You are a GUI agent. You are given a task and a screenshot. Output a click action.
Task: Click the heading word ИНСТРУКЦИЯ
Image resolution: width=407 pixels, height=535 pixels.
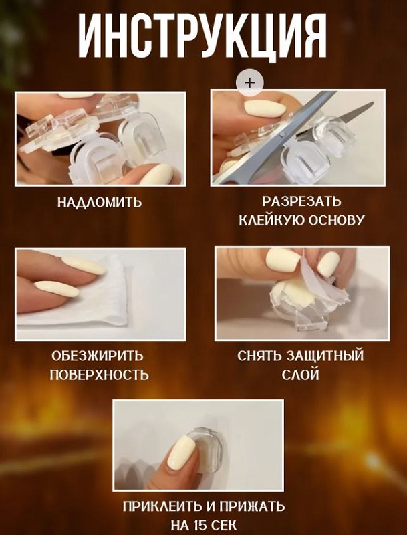click(x=203, y=37)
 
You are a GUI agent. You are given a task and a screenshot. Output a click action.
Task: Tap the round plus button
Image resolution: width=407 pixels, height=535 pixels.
click(x=250, y=83)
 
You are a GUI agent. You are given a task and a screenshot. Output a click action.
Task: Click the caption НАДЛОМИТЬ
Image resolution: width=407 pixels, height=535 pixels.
click(x=99, y=202)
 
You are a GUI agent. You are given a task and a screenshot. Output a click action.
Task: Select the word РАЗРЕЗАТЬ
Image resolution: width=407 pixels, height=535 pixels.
click(x=301, y=201)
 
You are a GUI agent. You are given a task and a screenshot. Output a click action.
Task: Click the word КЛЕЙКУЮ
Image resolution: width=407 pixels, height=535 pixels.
click(x=271, y=220)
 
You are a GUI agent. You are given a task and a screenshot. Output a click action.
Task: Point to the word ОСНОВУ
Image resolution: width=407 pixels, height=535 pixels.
click(x=336, y=220)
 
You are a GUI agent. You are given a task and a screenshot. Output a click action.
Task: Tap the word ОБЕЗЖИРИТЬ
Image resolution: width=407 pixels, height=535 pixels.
click(x=98, y=356)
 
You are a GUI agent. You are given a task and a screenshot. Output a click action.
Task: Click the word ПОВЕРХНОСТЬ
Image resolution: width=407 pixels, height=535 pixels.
click(x=100, y=374)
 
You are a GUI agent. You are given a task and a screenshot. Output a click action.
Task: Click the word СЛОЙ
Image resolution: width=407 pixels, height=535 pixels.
click(x=300, y=374)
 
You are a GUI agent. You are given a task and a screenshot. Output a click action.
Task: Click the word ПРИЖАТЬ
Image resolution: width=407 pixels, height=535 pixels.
click(x=251, y=506)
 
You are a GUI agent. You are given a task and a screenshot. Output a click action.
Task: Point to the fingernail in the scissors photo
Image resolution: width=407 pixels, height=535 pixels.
click(x=265, y=108)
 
